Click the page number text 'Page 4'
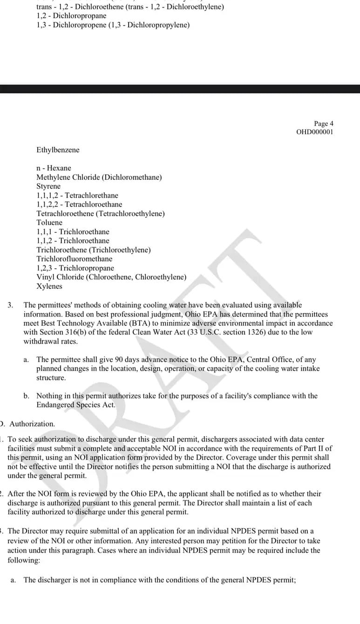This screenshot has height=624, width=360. pyautogui.click(x=324, y=123)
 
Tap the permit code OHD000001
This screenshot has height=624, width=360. pyautogui.click(x=315, y=132)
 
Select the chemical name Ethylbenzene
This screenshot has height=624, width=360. pyautogui.click(x=58, y=150)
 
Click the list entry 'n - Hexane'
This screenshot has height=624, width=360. pyautogui.click(x=54, y=168)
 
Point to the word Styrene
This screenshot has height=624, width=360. pyautogui.click(x=48, y=186)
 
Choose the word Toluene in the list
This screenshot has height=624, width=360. pyautogui.click(x=49, y=223)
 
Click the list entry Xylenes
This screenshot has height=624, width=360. pyautogui.click(x=49, y=286)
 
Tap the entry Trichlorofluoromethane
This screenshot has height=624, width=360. pyautogui.click(x=75, y=259)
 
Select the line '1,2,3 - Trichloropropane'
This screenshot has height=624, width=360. pyautogui.click(x=75, y=268)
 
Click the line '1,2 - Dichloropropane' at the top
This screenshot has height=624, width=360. pyautogui.click(x=71, y=16)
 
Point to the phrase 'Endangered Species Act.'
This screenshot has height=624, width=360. pyautogui.click(x=76, y=405)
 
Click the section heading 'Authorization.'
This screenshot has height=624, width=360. pyautogui.click(x=32, y=424)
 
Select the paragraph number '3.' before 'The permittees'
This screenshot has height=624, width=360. pyautogui.click(x=10, y=305)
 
